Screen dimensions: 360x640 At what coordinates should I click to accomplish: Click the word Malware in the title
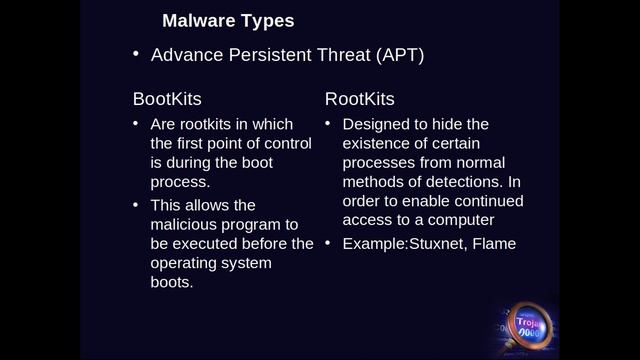coord(198,20)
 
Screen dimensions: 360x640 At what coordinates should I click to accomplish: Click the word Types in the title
coord(267,20)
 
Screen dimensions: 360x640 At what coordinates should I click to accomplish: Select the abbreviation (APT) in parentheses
coord(400,55)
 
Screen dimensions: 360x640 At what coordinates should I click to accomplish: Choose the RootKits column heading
coord(359,99)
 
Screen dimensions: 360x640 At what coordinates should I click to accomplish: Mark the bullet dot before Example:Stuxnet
coord(327,242)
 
